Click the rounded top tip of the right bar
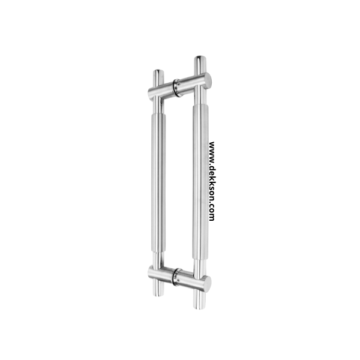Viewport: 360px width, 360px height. point(200,57)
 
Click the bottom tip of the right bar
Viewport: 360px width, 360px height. point(200,308)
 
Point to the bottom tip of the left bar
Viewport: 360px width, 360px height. point(158,295)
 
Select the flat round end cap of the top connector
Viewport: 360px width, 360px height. point(208,80)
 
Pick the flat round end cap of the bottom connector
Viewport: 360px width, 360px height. point(208,284)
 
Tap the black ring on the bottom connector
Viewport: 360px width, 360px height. point(176,277)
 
